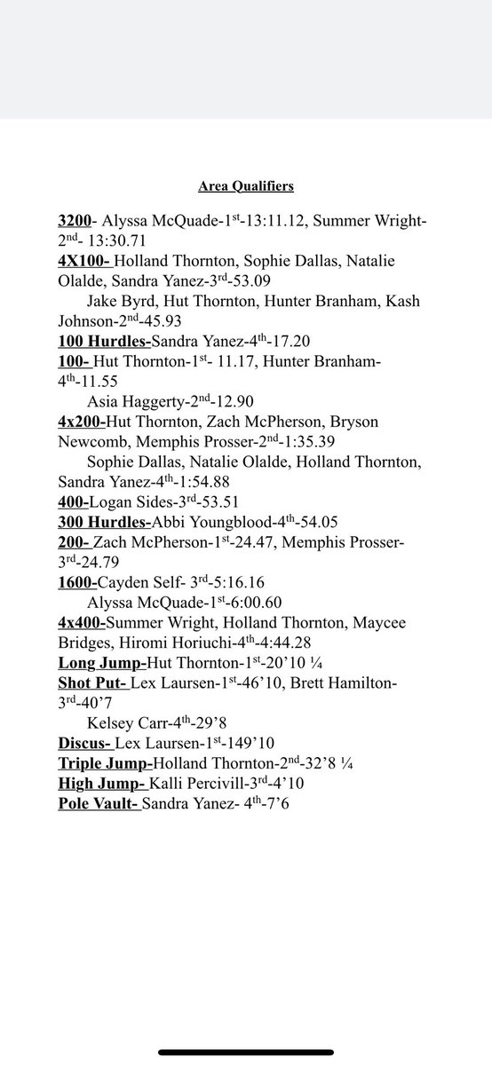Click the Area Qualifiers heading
coord(245,186)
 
